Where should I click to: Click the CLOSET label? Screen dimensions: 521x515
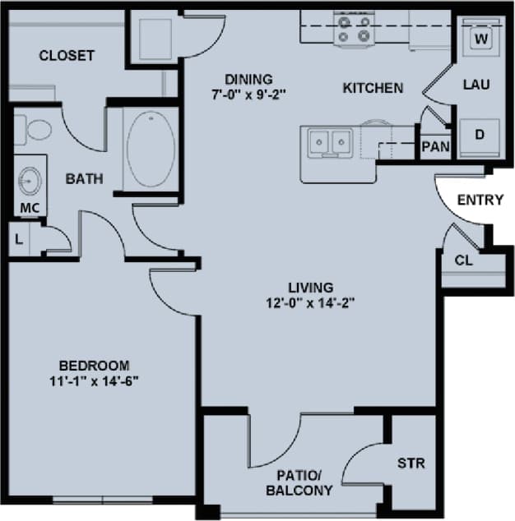tap(67, 56)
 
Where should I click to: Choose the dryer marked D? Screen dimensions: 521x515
tap(480, 134)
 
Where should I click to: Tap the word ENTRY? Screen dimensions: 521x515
tap(480, 200)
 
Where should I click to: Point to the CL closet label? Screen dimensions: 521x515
tap(462, 260)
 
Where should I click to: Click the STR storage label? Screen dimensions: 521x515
tap(411, 463)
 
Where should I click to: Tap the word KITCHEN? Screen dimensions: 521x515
tap(373, 87)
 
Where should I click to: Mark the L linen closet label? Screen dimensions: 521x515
tap(18, 240)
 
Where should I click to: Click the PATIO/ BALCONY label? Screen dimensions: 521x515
tap(299, 483)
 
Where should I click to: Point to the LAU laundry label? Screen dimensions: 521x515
tap(476, 84)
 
